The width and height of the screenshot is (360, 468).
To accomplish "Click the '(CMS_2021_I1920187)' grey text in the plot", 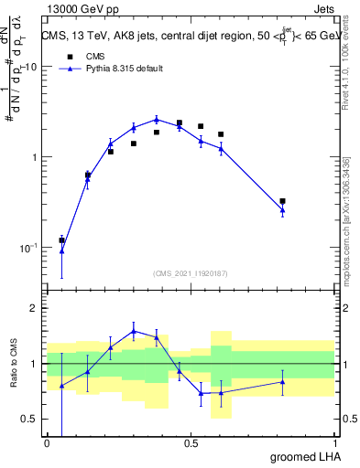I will [x=190, y=272].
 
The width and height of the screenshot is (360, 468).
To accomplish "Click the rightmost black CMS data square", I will [x=282, y=201].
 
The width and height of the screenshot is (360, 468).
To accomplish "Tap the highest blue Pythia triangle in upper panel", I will [x=157, y=119].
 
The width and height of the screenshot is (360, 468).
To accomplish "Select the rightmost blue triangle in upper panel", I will [x=282, y=210].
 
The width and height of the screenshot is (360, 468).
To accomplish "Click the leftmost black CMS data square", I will [x=61, y=240].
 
